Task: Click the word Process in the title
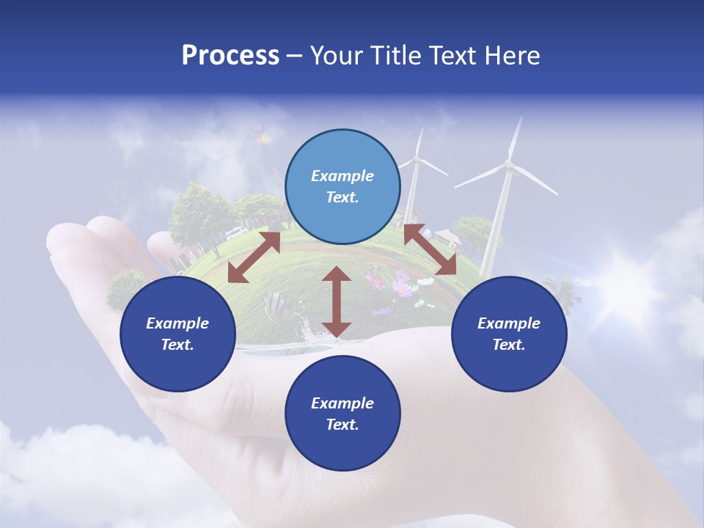point(230,56)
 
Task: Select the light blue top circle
point(342,187)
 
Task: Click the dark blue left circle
point(177,334)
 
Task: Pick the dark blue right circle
point(509,334)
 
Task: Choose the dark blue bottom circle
point(342,414)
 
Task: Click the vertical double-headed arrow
point(337,301)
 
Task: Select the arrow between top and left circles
point(254,257)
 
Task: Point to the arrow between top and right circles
point(430,250)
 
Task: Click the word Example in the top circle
point(342,176)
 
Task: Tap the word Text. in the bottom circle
point(342,425)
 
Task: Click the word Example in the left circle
point(177,323)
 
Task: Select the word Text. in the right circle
point(509,345)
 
